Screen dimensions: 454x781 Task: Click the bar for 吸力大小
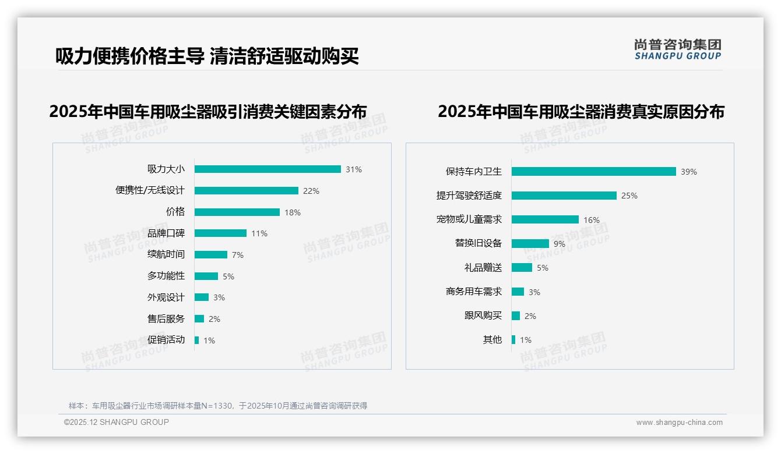click(x=268, y=169)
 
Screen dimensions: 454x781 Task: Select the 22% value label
click(x=311, y=191)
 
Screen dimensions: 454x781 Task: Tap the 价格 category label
click(x=175, y=212)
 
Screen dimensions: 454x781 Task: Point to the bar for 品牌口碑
click(x=220, y=233)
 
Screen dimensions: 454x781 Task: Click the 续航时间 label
click(x=166, y=254)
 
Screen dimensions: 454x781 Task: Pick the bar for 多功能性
click(x=206, y=276)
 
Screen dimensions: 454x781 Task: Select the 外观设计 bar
click(x=202, y=297)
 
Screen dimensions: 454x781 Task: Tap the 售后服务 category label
click(x=166, y=319)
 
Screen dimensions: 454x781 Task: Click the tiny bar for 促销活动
click(x=196, y=340)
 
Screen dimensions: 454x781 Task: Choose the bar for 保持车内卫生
click(x=594, y=172)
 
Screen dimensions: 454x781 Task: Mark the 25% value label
click(x=629, y=196)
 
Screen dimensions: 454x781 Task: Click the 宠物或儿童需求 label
click(x=469, y=219)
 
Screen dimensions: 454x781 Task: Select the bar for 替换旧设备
click(x=530, y=244)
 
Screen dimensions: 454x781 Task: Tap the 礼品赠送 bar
click(x=522, y=268)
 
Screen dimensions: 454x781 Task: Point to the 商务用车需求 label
click(x=474, y=292)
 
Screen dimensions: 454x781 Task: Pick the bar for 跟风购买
click(x=516, y=316)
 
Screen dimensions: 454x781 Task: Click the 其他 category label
click(x=492, y=340)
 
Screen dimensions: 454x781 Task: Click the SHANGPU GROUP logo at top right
click(x=678, y=49)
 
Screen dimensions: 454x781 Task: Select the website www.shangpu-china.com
click(x=679, y=423)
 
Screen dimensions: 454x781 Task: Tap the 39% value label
click(x=689, y=172)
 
